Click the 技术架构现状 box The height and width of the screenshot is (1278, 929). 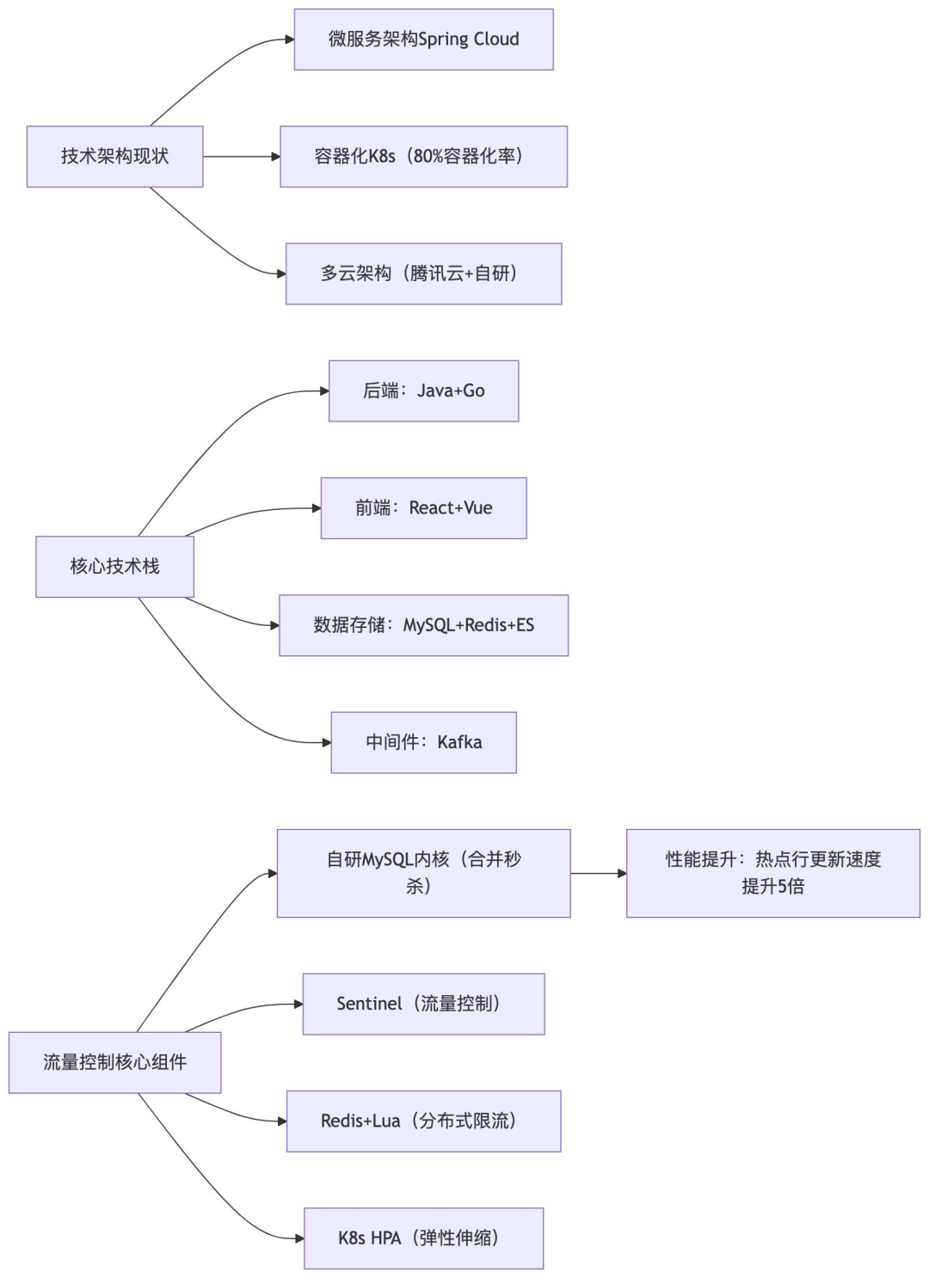click(114, 157)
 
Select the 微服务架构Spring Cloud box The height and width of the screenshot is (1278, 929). click(423, 40)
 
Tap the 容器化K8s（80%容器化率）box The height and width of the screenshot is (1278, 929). click(423, 157)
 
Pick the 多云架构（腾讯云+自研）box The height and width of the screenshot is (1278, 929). click(423, 273)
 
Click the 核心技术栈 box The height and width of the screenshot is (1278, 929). click(114, 567)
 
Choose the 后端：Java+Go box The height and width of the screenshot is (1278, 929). click(423, 391)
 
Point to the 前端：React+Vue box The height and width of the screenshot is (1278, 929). click(423, 508)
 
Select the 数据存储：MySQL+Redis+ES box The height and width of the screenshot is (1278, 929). click(423, 625)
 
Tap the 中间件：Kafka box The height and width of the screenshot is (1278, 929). click(423, 742)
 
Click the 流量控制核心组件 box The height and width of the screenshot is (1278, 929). click(114, 1063)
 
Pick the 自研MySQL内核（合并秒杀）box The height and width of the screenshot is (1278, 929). click(423, 873)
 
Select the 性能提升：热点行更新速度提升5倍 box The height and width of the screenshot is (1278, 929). click(772, 873)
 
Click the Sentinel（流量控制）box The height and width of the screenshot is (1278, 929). click(423, 1004)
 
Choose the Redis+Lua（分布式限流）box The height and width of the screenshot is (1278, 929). click(423, 1121)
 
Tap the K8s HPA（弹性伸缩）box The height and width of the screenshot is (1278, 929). click(423, 1238)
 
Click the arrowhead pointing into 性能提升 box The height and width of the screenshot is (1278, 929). click(622, 873)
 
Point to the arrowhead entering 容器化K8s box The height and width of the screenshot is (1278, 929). click(275, 157)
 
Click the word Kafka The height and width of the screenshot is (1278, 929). click(459, 742)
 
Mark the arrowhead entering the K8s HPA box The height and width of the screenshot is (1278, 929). click(299, 1238)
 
